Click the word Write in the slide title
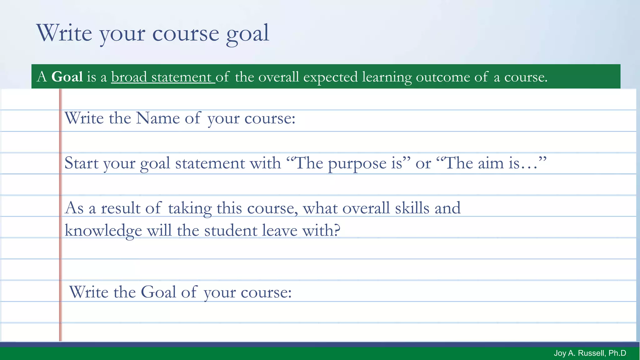click(x=64, y=33)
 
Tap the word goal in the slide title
click(x=247, y=34)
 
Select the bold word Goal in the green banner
click(x=67, y=77)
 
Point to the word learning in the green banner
click(x=387, y=77)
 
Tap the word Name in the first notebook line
click(x=157, y=118)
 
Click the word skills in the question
click(x=412, y=208)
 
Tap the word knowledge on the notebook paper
click(x=103, y=231)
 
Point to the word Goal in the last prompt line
click(x=158, y=292)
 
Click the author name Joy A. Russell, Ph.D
click(x=590, y=353)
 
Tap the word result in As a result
click(x=121, y=208)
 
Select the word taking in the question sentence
click(x=190, y=208)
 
